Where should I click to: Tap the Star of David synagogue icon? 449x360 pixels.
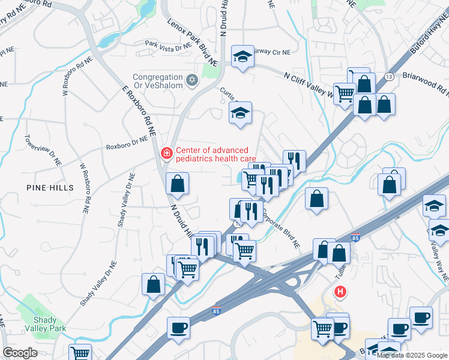(x=193, y=79)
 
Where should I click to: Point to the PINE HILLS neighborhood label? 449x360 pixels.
(x=50, y=188)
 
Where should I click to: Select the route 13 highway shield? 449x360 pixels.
(x=390, y=77)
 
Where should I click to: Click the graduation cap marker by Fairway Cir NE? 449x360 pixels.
(x=242, y=57)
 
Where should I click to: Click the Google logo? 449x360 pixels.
(x=20, y=353)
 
